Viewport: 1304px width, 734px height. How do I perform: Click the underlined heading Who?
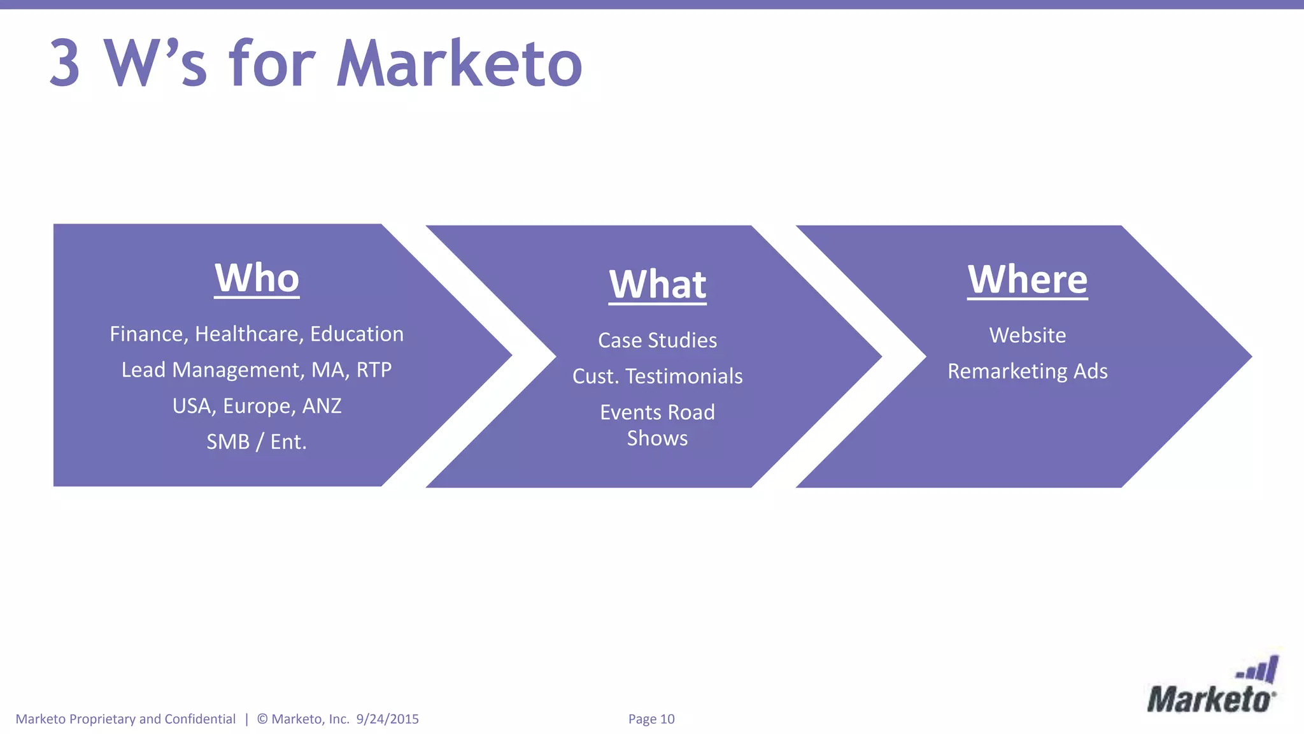(x=257, y=278)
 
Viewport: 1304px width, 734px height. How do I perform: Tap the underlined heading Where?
(x=1027, y=280)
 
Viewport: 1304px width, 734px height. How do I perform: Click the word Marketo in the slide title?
(x=459, y=64)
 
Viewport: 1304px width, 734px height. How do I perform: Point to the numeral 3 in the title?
(x=65, y=64)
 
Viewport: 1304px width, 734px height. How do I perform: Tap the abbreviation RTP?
(x=374, y=370)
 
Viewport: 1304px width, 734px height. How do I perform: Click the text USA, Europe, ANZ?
(x=257, y=406)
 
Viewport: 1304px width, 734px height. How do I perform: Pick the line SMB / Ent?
(x=257, y=442)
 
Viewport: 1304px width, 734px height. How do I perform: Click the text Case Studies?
(x=657, y=340)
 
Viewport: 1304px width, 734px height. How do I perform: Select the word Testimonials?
(x=684, y=377)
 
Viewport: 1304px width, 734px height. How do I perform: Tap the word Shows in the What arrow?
(x=657, y=438)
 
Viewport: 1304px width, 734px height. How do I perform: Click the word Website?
(x=1027, y=335)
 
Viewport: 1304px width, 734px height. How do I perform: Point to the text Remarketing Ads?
(x=1027, y=371)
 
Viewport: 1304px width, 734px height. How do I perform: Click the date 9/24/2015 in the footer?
(x=387, y=719)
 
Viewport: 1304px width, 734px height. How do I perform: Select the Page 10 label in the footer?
(x=651, y=719)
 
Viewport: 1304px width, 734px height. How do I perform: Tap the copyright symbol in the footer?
(x=262, y=719)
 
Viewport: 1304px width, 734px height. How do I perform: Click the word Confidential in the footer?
(x=200, y=719)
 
